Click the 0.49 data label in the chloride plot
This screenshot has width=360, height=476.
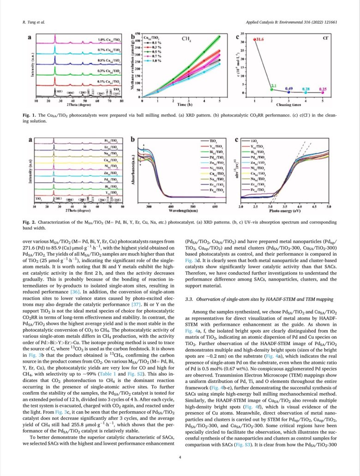tap(289, 88)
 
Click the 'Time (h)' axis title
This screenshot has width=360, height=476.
tap(181, 105)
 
